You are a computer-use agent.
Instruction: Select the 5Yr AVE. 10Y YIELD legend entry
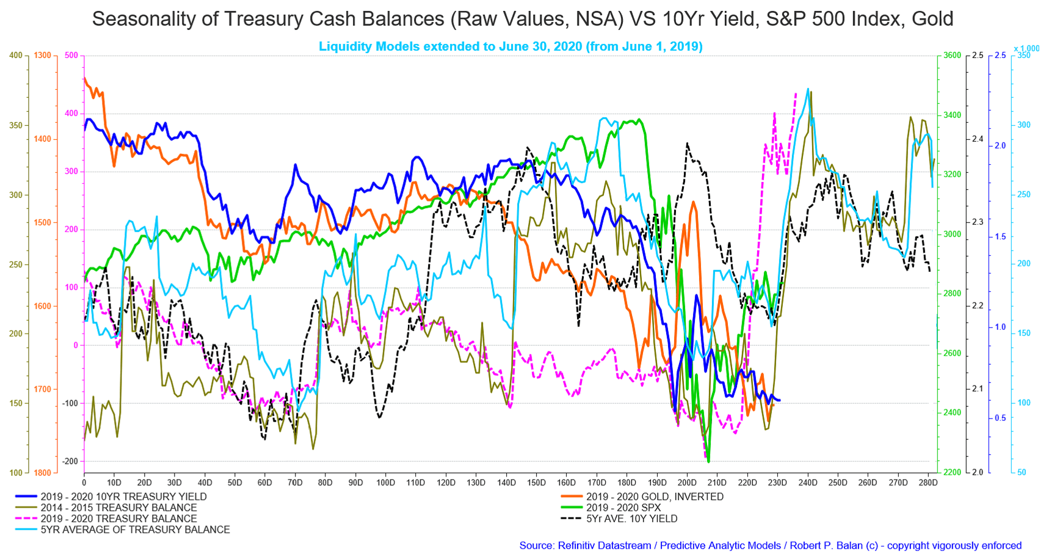[631, 519]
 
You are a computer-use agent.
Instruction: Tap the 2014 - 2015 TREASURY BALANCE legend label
[118, 508]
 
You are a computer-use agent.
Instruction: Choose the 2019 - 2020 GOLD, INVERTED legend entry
[655, 497]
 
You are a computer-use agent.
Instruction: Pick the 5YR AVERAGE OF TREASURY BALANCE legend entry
[135, 530]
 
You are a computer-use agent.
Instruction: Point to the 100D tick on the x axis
[385, 483]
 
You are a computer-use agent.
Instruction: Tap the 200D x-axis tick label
[687, 483]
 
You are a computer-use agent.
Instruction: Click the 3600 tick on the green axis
[953, 56]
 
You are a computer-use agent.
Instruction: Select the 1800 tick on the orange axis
[43, 473]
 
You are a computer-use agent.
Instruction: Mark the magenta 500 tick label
[71, 56]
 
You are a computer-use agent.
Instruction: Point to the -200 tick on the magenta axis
[70, 461]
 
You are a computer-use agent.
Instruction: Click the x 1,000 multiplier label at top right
[1026, 49]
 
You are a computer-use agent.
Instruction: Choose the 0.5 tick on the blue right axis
[1000, 418]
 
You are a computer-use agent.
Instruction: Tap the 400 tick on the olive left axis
[16, 56]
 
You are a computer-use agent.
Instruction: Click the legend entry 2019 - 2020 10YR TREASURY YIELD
[123, 497]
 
